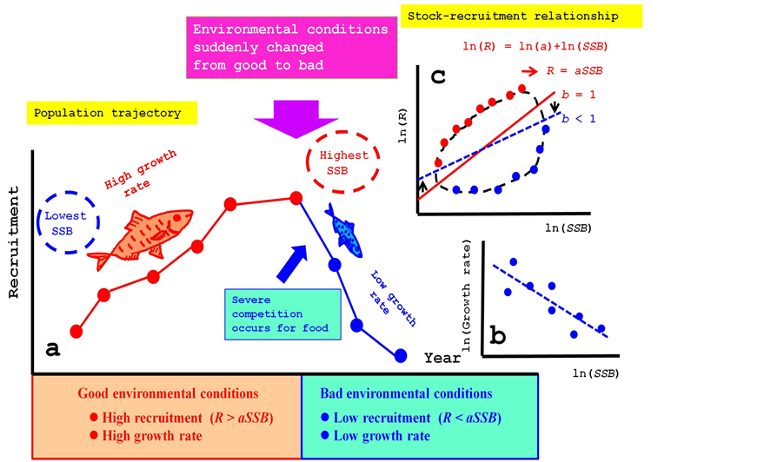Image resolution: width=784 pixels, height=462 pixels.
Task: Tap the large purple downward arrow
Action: click(x=296, y=118)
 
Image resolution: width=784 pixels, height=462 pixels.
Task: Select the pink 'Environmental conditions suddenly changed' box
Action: click(x=290, y=47)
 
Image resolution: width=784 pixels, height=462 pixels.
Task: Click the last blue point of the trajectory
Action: click(x=401, y=355)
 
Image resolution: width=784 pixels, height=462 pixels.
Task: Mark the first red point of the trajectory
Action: click(x=76, y=330)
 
